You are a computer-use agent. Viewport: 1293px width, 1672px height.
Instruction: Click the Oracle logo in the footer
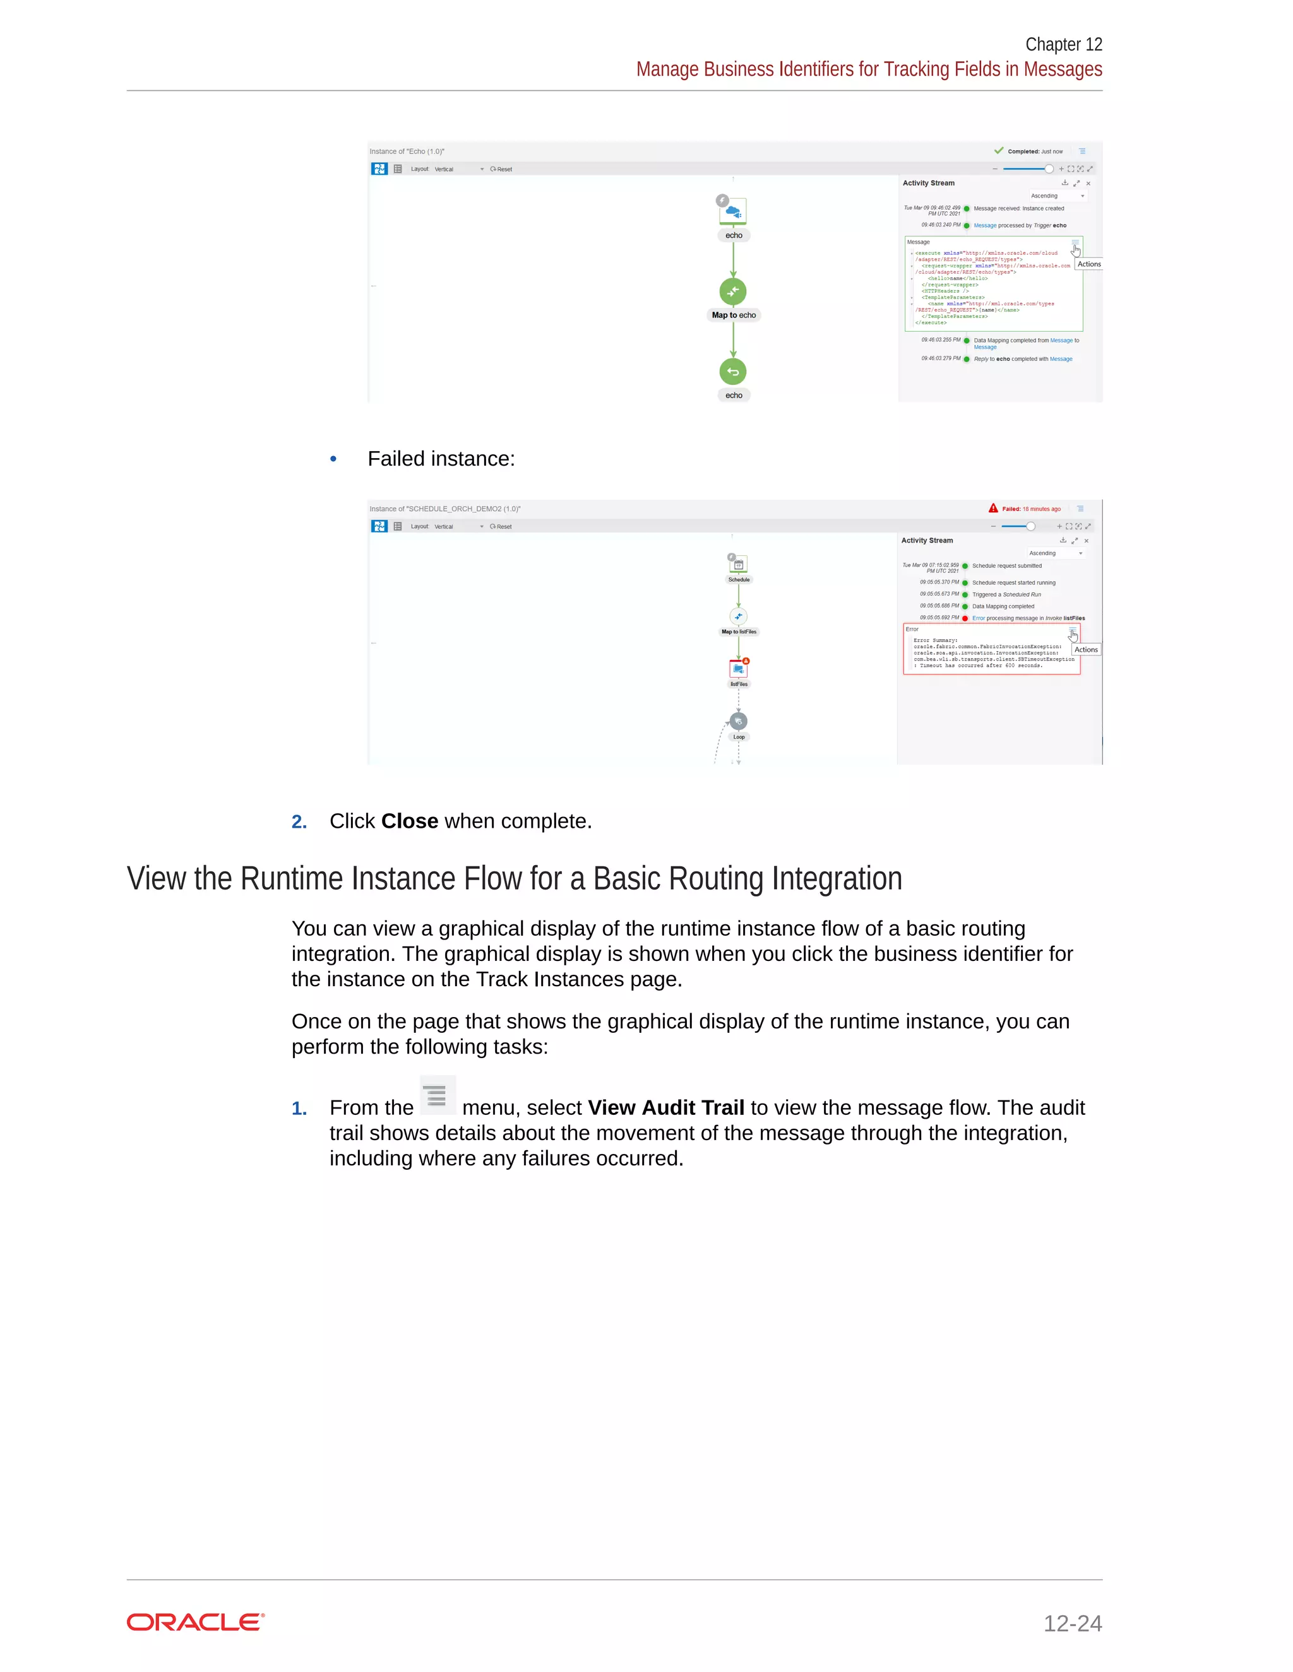coord(195,1622)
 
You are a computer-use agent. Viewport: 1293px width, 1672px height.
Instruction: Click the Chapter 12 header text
coord(1063,44)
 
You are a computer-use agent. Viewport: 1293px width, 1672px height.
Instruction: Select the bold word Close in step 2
coord(410,821)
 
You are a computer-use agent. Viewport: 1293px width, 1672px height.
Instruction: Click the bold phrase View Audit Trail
coord(665,1108)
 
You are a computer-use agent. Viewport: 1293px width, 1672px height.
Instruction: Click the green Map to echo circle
coord(733,291)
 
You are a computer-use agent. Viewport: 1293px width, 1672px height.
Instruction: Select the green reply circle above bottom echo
coord(733,372)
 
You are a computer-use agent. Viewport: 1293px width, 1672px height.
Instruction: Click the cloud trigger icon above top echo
coord(733,211)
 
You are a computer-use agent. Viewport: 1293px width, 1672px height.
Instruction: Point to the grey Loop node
coord(739,721)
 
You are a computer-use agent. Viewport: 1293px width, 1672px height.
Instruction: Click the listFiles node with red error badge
coord(739,669)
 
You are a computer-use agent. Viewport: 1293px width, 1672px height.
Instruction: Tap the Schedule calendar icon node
coord(739,565)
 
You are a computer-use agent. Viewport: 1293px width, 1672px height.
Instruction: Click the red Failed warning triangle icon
coord(992,509)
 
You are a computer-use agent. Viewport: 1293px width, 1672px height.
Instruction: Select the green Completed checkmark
coord(999,151)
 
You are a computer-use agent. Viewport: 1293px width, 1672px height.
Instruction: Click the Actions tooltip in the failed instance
coord(1085,650)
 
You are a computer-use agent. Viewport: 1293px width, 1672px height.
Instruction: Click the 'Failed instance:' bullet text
coord(441,459)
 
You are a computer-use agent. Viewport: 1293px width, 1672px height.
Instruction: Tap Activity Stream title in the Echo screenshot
coord(928,183)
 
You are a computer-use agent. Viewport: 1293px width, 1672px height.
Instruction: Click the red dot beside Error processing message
coord(965,618)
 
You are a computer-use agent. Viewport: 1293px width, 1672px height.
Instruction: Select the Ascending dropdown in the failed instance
coord(1056,553)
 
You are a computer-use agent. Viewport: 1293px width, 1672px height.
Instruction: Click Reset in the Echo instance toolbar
coord(502,169)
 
